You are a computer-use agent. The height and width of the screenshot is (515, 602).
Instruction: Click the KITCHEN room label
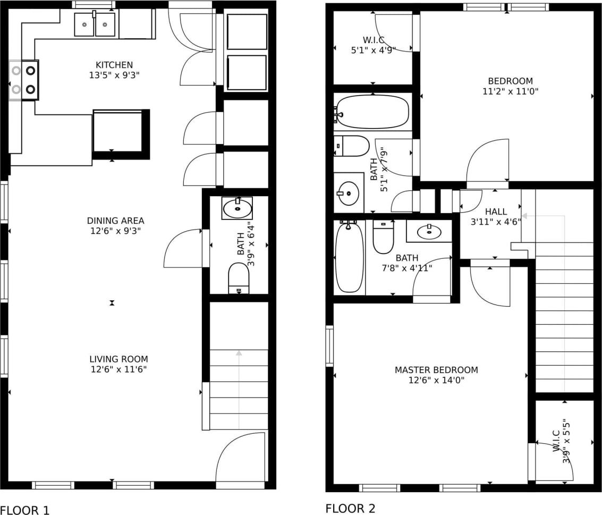tap(111, 65)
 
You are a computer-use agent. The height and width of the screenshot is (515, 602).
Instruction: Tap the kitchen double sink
tap(95, 24)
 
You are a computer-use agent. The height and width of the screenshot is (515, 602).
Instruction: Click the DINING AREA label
tap(115, 221)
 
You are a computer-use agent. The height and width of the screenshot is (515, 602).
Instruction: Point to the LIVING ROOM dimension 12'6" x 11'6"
tap(118, 369)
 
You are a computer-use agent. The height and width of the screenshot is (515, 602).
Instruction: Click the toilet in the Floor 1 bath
tap(239, 278)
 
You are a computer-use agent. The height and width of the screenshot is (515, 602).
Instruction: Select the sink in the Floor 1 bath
tap(237, 208)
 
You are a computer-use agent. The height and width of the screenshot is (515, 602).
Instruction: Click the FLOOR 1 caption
tap(25, 510)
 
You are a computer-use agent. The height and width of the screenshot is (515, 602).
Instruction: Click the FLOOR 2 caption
tap(350, 508)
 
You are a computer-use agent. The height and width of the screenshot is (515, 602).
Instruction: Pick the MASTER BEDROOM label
tap(436, 370)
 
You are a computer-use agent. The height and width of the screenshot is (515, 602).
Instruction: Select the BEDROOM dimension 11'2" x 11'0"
tap(510, 91)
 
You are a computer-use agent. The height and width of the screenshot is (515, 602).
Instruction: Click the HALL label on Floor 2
tap(496, 212)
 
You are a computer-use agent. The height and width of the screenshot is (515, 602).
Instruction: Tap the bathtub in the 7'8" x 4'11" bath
tap(349, 257)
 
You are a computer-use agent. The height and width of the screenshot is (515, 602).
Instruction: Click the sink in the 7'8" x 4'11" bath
tap(429, 232)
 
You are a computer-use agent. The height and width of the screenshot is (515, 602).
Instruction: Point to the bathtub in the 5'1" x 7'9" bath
tap(372, 112)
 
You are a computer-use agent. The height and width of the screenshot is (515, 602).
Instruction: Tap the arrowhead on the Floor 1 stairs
tap(239, 352)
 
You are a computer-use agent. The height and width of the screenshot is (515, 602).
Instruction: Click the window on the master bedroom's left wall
tap(329, 345)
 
